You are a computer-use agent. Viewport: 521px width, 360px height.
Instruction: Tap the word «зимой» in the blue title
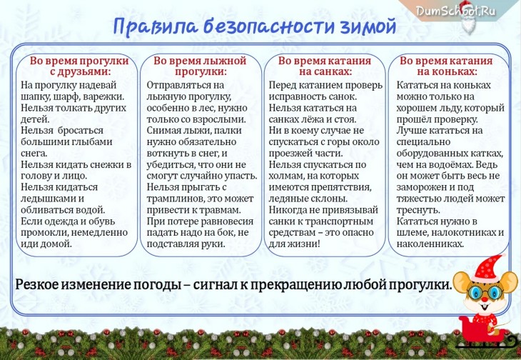(x=368, y=26)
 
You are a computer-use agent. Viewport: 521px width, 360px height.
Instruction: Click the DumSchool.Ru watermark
(x=455, y=11)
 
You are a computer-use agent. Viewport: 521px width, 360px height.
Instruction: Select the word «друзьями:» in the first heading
(x=81, y=72)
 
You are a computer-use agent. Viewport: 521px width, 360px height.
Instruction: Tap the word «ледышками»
(x=49, y=199)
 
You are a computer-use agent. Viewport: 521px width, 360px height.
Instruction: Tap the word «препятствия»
(x=341, y=187)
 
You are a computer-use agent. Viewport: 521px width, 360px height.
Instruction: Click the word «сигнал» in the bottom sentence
(x=214, y=285)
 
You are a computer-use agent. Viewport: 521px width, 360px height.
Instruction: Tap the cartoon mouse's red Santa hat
(x=487, y=268)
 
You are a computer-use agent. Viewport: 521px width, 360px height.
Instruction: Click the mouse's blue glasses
(x=486, y=293)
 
